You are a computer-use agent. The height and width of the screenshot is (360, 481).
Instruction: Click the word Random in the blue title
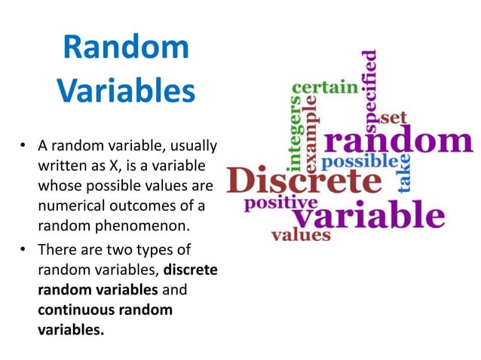click(x=126, y=47)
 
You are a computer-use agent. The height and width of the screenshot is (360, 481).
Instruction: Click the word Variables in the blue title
click(x=126, y=92)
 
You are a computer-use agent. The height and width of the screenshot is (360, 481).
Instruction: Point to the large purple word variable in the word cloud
click(x=368, y=215)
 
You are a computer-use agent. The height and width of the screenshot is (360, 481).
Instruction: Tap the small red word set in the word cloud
click(x=393, y=117)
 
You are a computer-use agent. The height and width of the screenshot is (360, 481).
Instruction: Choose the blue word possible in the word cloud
click(x=360, y=161)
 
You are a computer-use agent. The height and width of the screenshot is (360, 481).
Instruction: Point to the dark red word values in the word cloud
click(x=301, y=235)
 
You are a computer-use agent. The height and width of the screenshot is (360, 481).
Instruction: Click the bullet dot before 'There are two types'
click(x=24, y=249)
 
